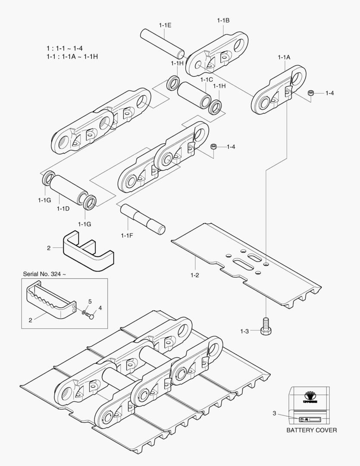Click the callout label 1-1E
click(x=165, y=25)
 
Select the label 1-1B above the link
click(x=223, y=20)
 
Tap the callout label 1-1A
click(x=284, y=57)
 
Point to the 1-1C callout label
click(x=206, y=79)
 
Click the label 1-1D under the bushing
click(x=63, y=209)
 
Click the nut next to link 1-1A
click(x=310, y=93)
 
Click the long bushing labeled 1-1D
click(x=69, y=189)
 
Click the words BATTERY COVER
click(x=312, y=430)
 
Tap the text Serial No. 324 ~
click(x=44, y=274)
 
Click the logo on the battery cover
click(x=310, y=396)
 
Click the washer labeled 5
click(x=84, y=312)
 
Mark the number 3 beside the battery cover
click(x=274, y=413)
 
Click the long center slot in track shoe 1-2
click(x=244, y=261)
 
